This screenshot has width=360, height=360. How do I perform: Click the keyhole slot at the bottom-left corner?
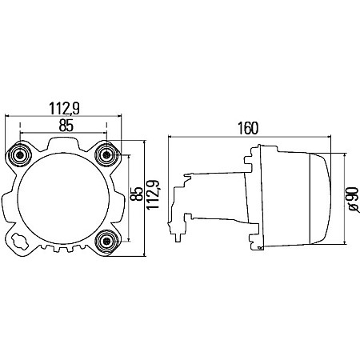coord(20,239)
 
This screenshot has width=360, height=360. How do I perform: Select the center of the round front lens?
coord(64,197)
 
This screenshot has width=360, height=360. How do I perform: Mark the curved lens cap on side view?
coord(318,196)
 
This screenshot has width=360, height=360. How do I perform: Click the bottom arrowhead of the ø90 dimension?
coord(345,238)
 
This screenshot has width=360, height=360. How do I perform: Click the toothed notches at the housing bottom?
coord(64,250)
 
